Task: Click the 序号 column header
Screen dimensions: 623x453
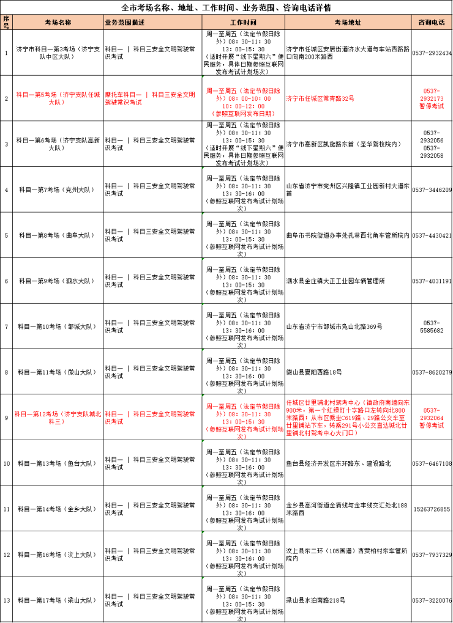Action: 6,22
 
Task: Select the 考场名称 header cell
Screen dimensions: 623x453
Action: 58,23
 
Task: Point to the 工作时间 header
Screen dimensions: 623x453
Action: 243,23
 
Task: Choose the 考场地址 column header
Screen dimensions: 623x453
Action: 348,23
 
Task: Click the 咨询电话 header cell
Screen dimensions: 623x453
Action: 432,23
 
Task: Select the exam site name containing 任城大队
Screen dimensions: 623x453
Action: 58,98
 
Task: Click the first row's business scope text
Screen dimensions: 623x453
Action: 149,98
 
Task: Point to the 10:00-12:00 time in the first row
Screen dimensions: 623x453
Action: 243,106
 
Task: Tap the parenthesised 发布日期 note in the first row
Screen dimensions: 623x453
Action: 243,114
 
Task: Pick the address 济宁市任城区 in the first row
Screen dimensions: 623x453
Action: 320,98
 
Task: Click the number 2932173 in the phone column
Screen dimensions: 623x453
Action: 432,98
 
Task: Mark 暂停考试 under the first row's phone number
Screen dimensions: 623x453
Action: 432,106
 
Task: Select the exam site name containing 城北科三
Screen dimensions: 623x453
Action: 58,418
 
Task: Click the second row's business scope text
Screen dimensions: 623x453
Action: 149,418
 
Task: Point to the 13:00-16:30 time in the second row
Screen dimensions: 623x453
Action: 243,422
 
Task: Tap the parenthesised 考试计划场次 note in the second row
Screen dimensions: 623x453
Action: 243,433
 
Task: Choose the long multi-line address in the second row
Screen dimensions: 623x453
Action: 348,418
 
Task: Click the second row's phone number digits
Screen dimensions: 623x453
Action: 432,418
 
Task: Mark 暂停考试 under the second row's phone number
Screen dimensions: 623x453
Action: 432,426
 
